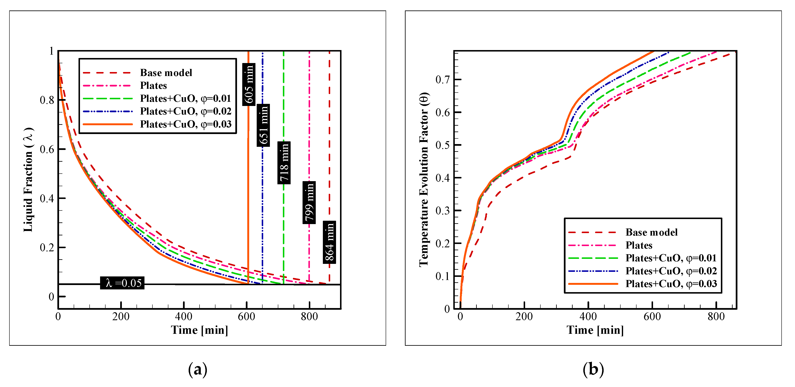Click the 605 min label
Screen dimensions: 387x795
pos(249,84)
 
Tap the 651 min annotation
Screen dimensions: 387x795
pos(263,125)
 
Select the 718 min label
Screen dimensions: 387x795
pos(284,163)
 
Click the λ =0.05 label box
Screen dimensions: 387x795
pos(122,283)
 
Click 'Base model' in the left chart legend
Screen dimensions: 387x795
pos(166,73)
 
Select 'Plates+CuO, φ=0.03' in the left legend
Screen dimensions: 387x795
pos(186,124)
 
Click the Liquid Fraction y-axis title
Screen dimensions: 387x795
pos(28,180)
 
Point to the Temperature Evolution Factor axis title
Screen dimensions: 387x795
pos(424,180)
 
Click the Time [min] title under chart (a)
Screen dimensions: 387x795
pos(199,330)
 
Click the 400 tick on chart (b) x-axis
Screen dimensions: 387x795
pos(588,316)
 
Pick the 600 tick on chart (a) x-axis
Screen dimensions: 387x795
pos(246,316)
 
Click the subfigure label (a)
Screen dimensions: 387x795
pos(197,369)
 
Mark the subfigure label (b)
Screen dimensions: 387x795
pos(593,369)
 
